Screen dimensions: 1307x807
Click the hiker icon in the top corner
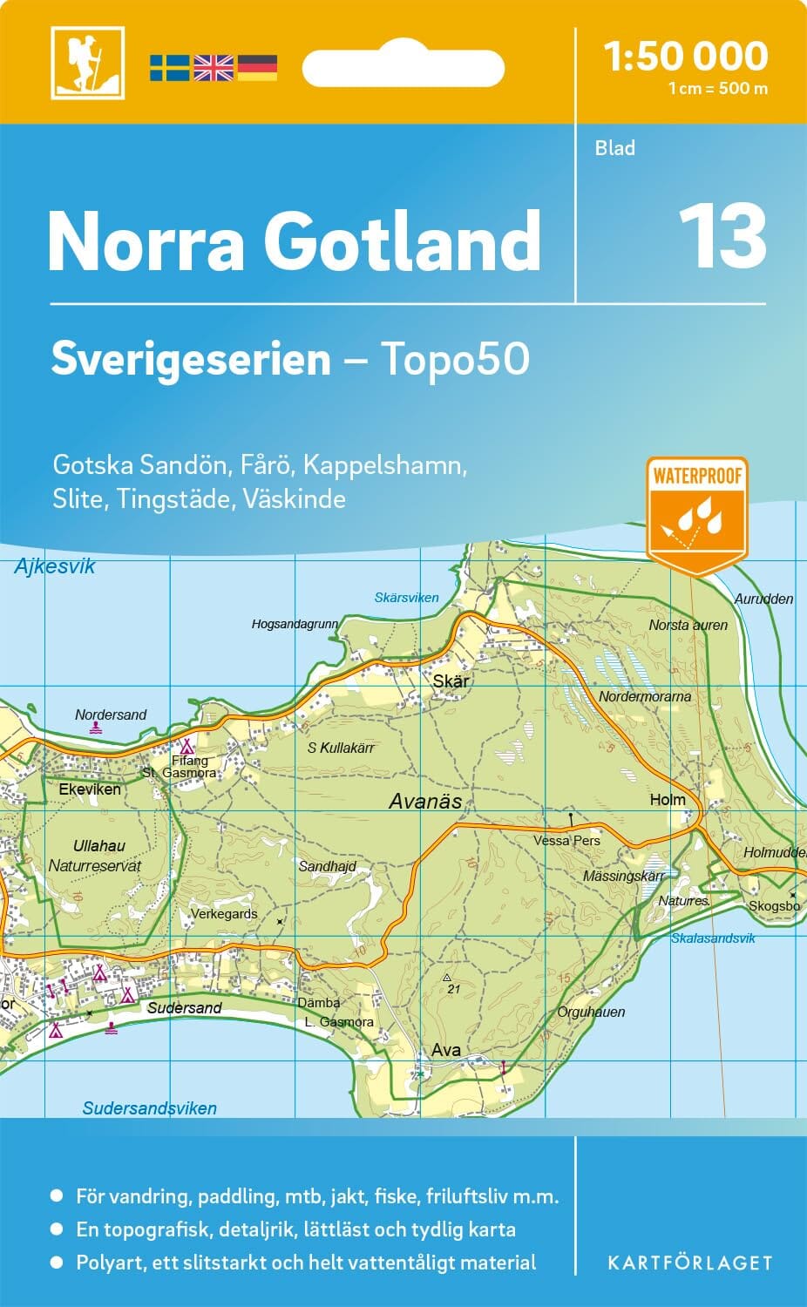[87, 63]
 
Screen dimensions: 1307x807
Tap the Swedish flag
[169, 67]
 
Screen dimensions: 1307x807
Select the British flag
[214, 67]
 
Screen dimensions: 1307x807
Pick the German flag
[257, 67]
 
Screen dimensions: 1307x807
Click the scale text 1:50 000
[686, 57]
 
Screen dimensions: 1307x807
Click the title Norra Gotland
[295, 241]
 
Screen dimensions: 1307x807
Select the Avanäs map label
[425, 802]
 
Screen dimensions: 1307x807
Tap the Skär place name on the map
[451, 681]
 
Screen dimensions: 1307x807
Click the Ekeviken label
[90, 789]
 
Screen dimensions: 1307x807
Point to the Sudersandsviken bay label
[150, 1108]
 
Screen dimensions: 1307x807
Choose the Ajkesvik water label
[55, 567]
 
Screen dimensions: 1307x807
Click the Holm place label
[668, 799]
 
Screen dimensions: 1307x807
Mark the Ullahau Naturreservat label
[95, 856]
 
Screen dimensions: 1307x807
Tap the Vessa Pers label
[567, 841]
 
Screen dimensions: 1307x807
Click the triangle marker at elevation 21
[447, 978]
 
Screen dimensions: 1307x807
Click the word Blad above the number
[614, 148]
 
